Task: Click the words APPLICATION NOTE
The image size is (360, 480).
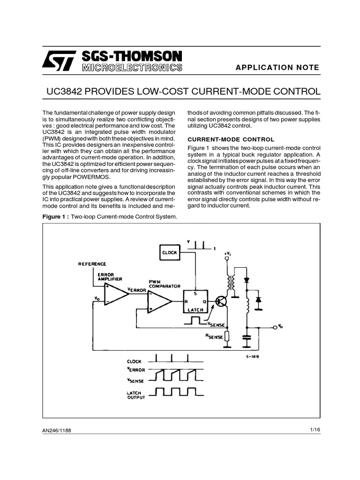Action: coord(278,67)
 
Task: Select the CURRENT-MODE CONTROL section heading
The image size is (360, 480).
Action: coord(231,139)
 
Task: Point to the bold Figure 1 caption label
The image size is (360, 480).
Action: coord(56,216)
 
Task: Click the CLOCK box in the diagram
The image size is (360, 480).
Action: coord(169,252)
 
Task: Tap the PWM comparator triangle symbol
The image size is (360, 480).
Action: coord(158,302)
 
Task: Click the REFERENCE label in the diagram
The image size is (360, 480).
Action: coord(92,264)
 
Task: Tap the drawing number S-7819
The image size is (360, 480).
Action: coord(253,357)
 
